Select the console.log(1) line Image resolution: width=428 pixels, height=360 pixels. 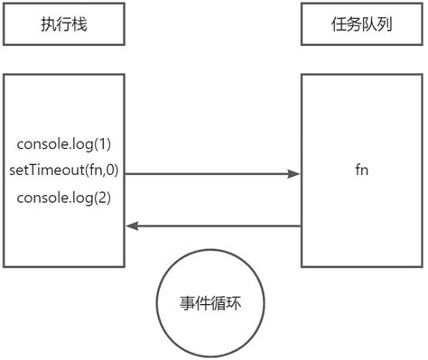pyautogui.click(x=63, y=144)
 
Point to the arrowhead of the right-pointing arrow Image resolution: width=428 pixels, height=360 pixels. pyautogui.click(x=294, y=171)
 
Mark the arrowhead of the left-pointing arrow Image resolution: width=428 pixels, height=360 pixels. pyautogui.click(x=131, y=226)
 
